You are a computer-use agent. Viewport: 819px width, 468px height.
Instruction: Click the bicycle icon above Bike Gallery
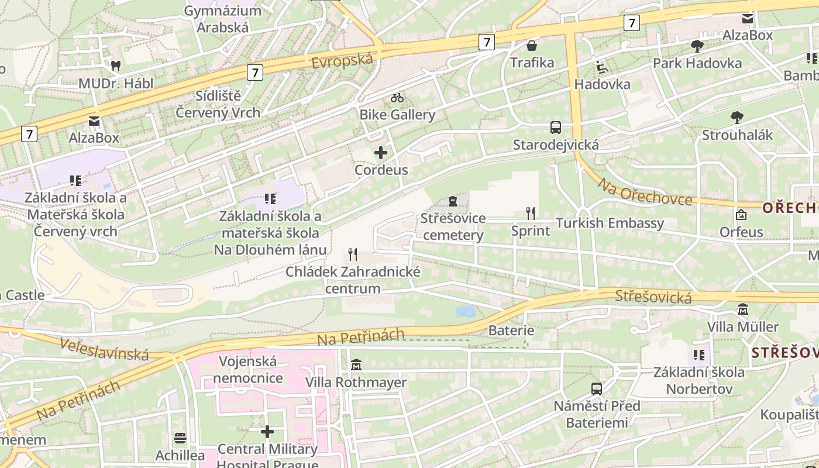tap(397, 97)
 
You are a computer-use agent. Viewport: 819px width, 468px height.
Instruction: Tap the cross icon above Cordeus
tap(381, 153)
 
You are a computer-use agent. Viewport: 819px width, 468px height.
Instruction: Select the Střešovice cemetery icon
tap(452, 201)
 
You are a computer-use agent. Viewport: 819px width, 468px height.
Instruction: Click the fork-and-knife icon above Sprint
tap(531, 213)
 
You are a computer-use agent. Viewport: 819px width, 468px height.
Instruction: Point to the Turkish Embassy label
tap(610, 223)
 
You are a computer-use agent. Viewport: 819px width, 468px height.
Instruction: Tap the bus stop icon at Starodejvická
tap(556, 128)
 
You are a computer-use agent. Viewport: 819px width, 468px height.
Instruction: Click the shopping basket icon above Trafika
tap(532, 46)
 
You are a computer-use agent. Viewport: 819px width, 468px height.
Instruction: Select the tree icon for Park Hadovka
tap(697, 46)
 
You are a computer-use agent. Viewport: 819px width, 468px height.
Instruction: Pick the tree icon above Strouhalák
tap(737, 118)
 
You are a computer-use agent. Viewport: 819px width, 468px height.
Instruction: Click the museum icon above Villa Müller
tap(743, 309)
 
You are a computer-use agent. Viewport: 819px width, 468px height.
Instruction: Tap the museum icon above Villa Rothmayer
tap(356, 365)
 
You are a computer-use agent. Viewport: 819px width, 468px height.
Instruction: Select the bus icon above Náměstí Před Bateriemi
tap(597, 388)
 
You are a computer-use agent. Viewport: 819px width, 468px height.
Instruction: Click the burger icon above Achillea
tap(180, 438)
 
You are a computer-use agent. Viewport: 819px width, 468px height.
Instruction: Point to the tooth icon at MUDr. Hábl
tap(116, 66)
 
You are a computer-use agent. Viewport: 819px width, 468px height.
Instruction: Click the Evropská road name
tap(342, 60)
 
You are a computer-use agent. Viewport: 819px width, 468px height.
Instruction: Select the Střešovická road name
tap(653, 297)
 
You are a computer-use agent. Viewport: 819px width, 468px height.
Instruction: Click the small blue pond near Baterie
tap(466, 311)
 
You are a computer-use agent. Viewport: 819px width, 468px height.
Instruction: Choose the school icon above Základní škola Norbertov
tap(698, 355)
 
